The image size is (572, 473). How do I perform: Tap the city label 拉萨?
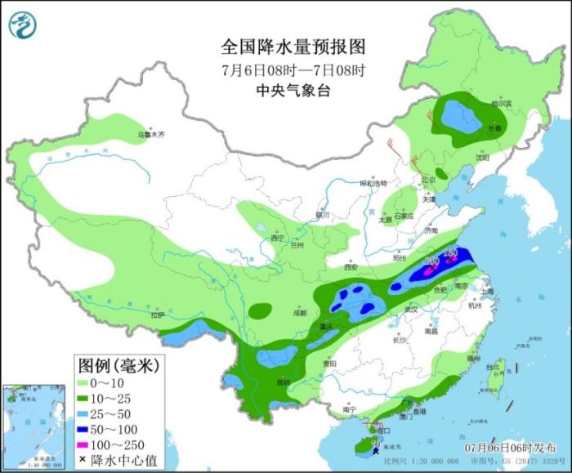158,315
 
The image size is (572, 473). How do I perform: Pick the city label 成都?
299,312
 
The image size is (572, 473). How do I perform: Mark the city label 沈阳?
482,157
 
